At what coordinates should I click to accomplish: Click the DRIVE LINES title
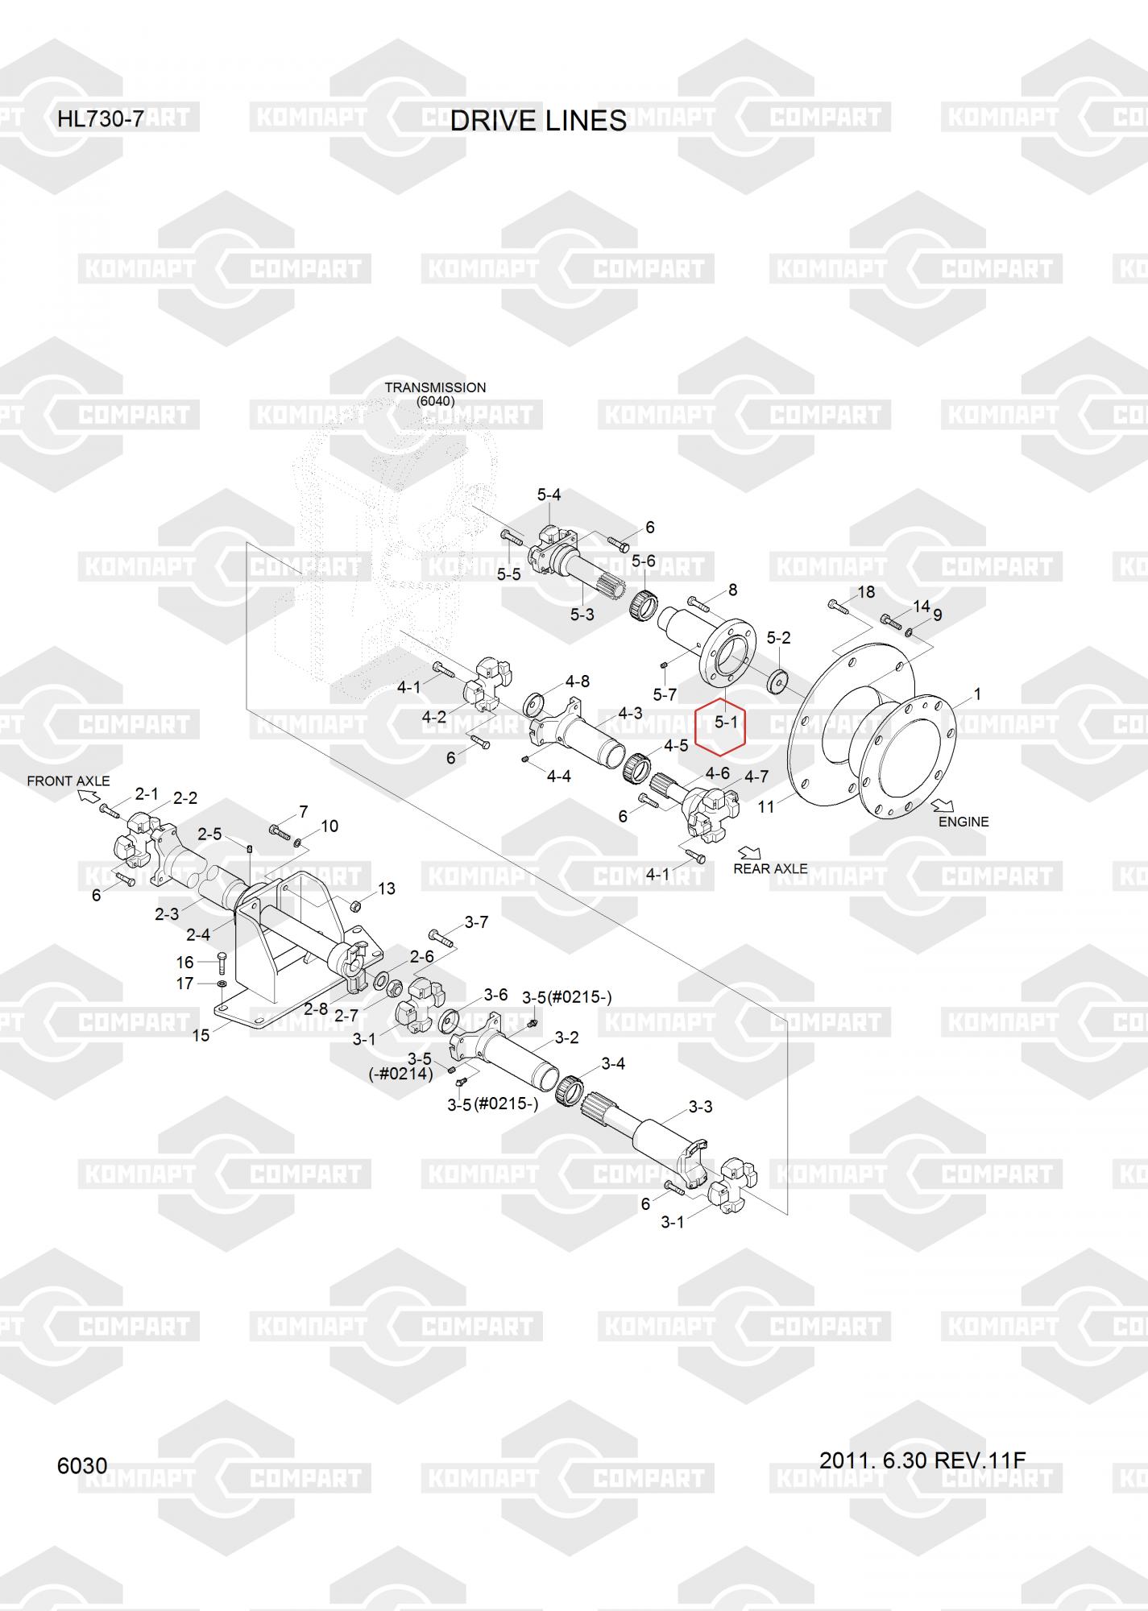tap(538, 121)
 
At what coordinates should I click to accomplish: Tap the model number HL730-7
tap(100, 120)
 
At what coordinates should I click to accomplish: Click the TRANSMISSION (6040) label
tap(435, 394)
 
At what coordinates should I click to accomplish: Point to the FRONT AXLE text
tap(68, 781)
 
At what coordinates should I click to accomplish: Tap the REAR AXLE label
tap(770, 868)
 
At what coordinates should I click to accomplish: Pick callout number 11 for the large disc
tap(765, 805)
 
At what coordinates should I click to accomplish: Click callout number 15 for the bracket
tap(201, 1035)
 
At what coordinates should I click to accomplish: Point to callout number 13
tap(387, 888)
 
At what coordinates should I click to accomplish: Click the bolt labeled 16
tap(222, 962)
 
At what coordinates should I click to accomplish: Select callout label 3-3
tap(700, 1107)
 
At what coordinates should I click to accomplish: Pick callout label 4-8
tap(577, 681)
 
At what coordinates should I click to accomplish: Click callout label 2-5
tap(209, 834)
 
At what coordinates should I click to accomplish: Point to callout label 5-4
tap(549, 495)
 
